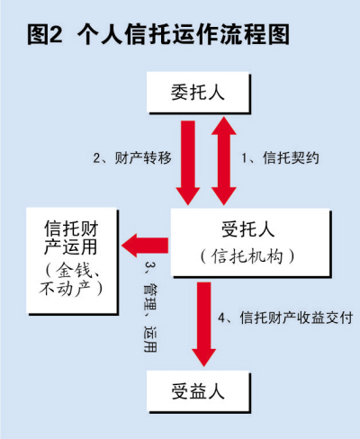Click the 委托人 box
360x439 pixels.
pos(198,93)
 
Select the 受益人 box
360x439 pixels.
pos(198,391)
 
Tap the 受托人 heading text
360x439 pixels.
pos(248,229)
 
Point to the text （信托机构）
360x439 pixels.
pos(247,256)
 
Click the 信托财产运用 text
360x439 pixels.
pos(71,237)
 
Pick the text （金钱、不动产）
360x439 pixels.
pos(71,280)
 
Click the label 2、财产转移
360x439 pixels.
pos(132,158)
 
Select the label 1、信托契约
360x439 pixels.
pos(280,158)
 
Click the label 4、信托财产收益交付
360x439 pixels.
pos(285,318)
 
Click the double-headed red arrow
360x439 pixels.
pos(224,160)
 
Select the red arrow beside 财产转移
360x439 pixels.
pos(188,163)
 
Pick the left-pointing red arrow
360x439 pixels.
pos(145,246)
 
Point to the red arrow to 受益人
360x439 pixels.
pos(204,324)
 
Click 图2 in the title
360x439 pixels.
pos(45,34)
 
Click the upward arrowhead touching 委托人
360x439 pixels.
pos(224,125)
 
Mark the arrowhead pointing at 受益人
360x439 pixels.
pos(204,357)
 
